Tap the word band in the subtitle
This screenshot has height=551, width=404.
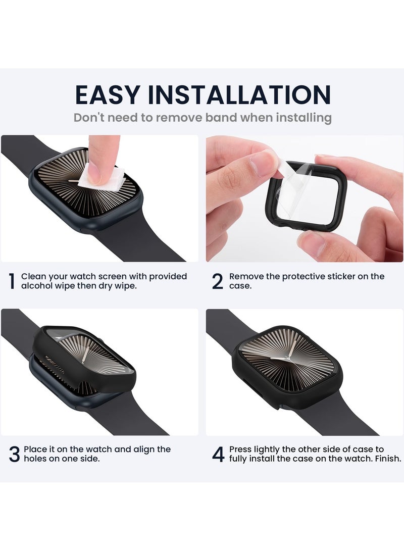(220, 118)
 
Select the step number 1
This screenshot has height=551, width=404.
(11, 281)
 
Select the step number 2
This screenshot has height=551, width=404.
(217, 281)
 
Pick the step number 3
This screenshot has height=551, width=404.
(14, 455)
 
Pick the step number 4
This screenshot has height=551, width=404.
(218, 455)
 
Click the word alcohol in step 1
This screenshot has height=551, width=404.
(38, 286)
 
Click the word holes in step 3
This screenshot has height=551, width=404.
(36, 459)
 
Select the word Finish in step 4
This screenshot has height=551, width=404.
(386, 459)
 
